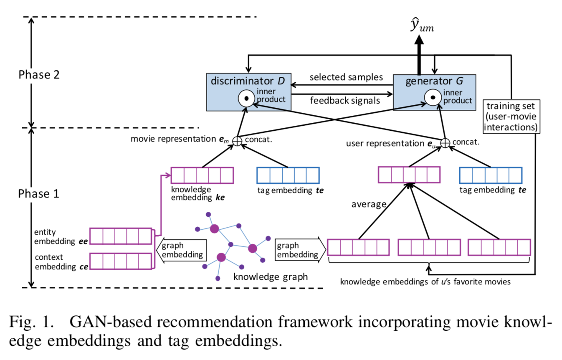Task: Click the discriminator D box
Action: point(248,91)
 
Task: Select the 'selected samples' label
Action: point(346,78)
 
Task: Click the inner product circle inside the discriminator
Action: point(247,99)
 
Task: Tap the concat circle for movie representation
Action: point(237,141)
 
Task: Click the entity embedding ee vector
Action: point(122,236)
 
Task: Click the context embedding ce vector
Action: point(122,261)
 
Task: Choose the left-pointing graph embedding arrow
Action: point(181,250)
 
